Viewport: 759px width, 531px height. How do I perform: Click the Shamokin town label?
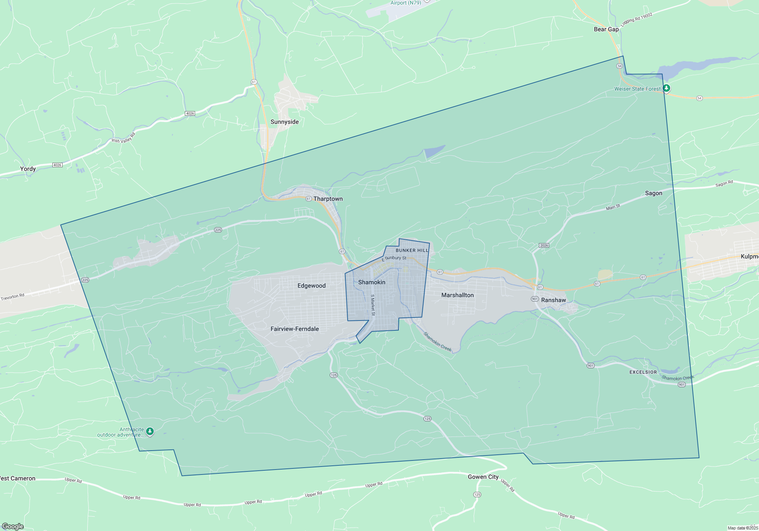click(372, 282)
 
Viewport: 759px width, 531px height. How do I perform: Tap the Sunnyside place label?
click(284, 122)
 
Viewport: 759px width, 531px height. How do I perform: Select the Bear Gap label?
click(606, 29)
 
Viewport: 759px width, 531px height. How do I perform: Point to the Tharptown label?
click(328, 199)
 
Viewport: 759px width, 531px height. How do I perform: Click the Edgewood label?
click(311, 286)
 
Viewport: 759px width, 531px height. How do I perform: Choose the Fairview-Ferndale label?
click(294, 329)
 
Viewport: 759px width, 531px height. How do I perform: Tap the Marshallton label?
click(457, 295)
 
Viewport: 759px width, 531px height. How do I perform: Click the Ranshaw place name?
click(553, 300)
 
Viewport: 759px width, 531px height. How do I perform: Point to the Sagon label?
click(653, 193)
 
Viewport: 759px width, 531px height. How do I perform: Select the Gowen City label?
click(483, 477)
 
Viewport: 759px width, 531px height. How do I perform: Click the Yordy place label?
click(28, 169)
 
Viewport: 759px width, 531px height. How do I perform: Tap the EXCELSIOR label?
click(643, 372)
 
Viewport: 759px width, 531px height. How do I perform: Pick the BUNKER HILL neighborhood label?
click(412, 250)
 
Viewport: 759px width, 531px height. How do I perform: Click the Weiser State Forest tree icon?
click(666, 88)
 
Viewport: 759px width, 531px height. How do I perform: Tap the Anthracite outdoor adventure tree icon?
click(150, 431)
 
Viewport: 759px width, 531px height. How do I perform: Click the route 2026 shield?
click(544, 245)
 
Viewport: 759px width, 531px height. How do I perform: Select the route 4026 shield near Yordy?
click(57, 165)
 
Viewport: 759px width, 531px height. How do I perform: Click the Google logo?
click(13, 526)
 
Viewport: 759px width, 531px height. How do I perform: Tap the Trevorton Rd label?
click(13, 297)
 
